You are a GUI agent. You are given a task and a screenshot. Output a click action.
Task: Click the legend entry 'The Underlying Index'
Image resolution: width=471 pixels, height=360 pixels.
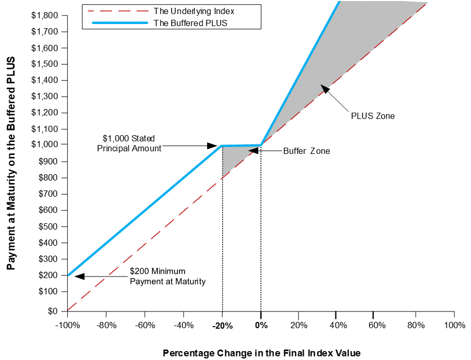coord(194,11)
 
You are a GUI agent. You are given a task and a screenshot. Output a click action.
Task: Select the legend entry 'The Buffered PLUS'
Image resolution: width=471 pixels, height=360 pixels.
coord(190,23)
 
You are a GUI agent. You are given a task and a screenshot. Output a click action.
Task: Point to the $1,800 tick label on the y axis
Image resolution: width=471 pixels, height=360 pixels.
coord(44,15)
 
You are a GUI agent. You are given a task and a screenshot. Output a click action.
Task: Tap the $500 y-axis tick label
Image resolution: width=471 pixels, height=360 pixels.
coord(48,226)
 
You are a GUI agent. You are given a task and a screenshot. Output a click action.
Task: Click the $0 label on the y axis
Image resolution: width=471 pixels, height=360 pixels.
coord(53,311)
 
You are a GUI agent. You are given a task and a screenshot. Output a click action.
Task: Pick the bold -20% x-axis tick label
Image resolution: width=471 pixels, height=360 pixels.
coord(223,326)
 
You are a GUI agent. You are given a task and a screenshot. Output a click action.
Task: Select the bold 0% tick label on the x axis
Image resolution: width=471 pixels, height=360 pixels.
coord(261,326)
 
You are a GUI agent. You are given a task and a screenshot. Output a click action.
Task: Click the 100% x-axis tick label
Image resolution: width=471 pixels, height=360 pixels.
coord(454,326)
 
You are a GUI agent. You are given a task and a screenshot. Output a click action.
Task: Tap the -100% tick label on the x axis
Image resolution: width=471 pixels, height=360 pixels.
coord(68,326)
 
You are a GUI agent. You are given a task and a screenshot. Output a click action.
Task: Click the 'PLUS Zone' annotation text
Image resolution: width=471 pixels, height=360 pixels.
coord(373,116)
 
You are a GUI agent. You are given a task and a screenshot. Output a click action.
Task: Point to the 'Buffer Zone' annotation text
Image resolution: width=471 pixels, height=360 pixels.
coord(307,151)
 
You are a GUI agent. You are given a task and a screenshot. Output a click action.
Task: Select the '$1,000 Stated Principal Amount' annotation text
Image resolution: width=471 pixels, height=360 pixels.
coord(129,143)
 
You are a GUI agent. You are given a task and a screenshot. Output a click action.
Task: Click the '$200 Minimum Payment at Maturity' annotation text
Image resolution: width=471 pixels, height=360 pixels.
coord(167,277)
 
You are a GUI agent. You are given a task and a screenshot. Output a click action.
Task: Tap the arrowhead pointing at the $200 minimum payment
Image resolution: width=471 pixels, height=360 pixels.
coord(79,276)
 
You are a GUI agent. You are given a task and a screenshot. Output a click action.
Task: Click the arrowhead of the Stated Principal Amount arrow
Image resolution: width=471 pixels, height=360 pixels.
coord(213,146)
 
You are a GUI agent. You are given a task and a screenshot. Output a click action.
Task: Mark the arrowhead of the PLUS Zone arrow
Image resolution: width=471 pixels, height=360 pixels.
coord(325,89)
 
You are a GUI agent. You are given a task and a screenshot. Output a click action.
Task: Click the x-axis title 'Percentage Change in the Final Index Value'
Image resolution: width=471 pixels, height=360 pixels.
coord(262,353)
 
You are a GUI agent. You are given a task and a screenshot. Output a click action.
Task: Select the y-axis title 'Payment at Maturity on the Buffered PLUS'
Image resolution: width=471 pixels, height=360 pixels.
coord(11,163)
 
